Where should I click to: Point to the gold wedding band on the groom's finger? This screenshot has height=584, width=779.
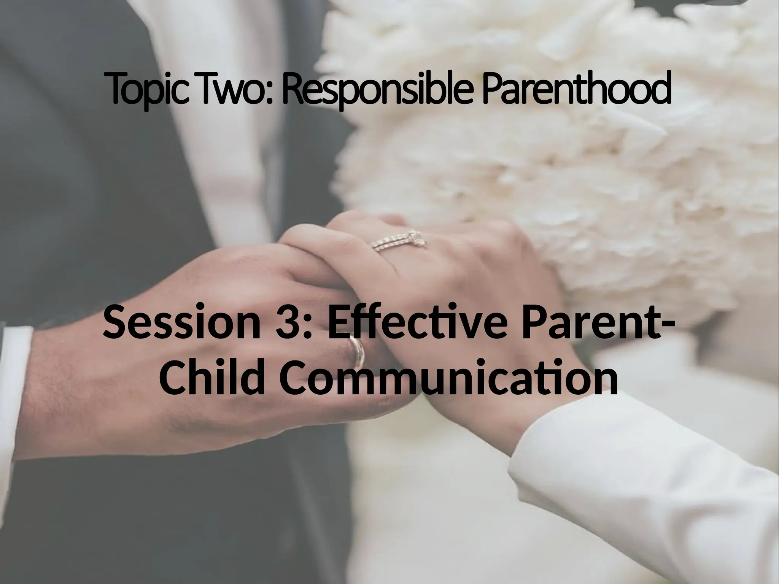click(x=358, y=352)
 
